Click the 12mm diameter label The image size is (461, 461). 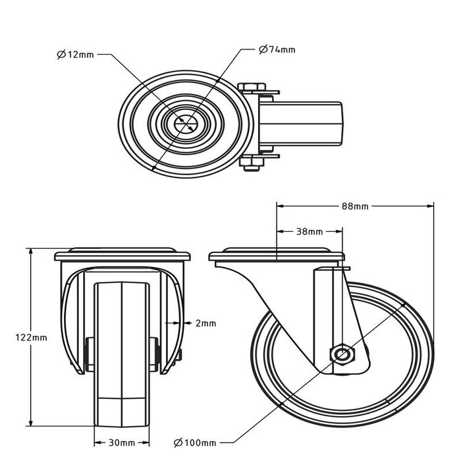76,55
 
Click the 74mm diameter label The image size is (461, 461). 277,49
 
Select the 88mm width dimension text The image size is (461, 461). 355,206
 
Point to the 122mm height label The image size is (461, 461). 15,337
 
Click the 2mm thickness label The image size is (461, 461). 205,323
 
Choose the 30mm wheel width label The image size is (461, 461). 122,443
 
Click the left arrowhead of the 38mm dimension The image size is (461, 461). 280,231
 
